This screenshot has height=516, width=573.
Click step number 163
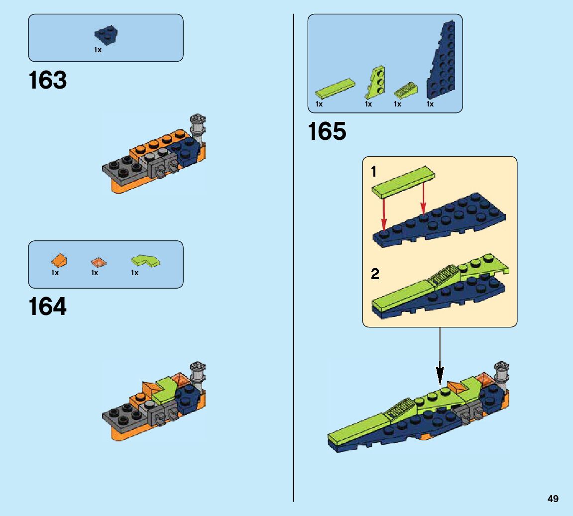coord(48,81)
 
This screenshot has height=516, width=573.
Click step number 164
coord(48,307)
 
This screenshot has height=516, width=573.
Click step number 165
coord(327,132)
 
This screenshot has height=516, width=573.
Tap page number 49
coord(553,499)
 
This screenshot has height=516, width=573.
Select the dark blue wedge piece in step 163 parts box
coord(106,34)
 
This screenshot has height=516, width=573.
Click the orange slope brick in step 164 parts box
coord(59,260)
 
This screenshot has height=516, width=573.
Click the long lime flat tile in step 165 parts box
coord(335,88)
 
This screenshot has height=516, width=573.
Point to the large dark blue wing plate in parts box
coord(443,63)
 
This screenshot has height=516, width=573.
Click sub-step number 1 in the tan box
coord(374,173)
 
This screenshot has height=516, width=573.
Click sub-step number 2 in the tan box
coord(375,274)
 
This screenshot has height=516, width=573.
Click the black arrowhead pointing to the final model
coord(440,373)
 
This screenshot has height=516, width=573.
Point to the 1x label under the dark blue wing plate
coord(430,104)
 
